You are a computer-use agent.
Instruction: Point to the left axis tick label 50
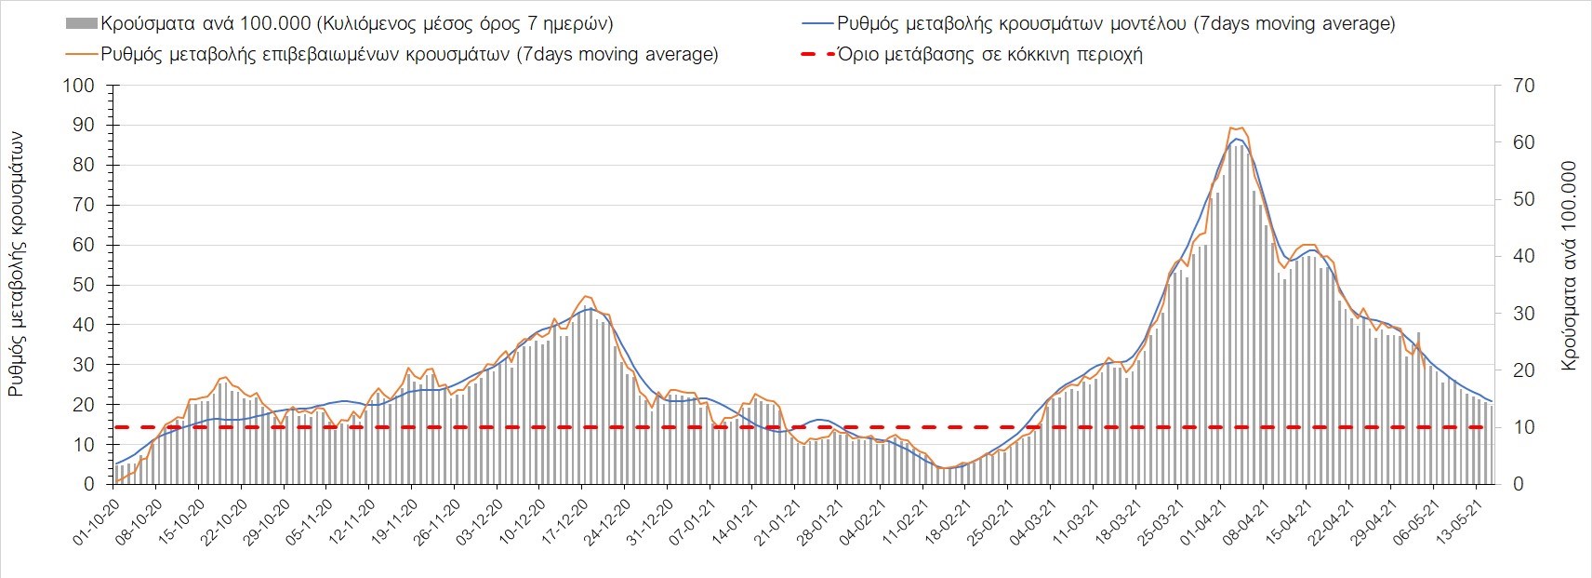pyautogui.click(x=82, y=285)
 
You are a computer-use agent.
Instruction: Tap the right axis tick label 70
pyautogui.click(x=1525, y=86)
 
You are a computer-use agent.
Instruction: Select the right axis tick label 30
pyautogui.click(x=1525, y=314)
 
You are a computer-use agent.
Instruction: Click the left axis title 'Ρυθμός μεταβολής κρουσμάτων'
pyautogui.click(x=17, y=263)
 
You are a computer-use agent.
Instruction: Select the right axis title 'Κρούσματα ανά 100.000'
pyautogui.click(x=1570, y=266)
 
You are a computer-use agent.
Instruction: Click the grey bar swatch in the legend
pyautogui.click(x=81, y=23)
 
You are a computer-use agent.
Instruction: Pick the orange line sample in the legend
pyautogui.click(x=81, y=54)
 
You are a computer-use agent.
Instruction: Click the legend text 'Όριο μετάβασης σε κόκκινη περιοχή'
pyautogui.click(x=989, y=54)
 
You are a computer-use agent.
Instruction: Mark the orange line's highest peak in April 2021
pyautogui.click(x=1232, y=127)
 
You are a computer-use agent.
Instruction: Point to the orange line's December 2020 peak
pyautogui.click(x=585, y=296)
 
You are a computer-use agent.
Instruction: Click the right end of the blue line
pyautogui.click(x=1492, y=401)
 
